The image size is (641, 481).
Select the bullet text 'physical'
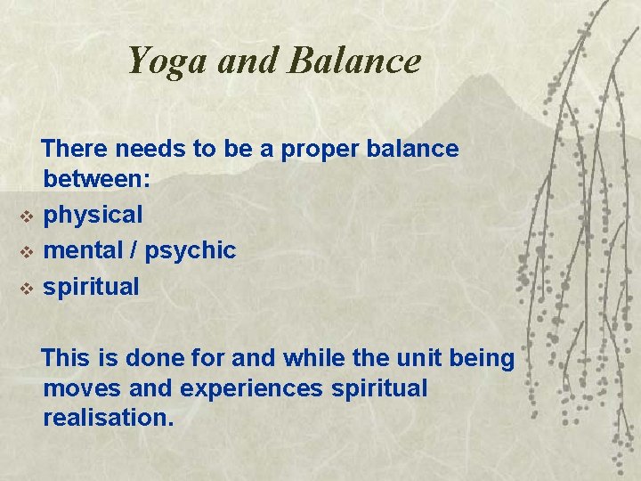93,216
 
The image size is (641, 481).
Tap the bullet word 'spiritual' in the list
92,288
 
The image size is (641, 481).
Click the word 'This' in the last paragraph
66,359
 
